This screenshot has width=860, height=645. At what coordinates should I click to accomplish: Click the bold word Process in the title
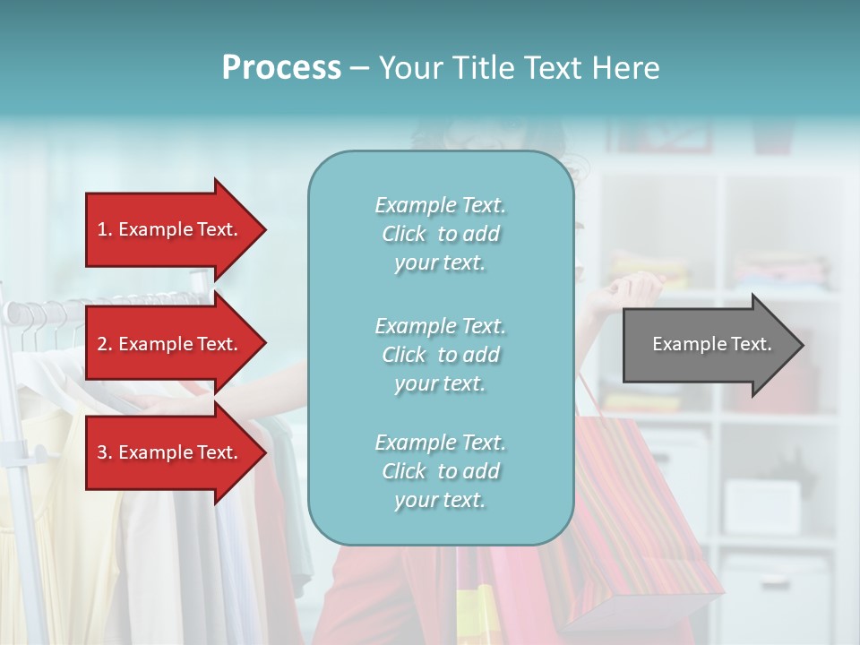point(281,68)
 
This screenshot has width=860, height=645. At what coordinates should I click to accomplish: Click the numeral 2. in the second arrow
point(105,344)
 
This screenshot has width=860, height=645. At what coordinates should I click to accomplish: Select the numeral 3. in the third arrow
point(105,452)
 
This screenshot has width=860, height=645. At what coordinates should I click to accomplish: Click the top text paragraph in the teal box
point(440,234)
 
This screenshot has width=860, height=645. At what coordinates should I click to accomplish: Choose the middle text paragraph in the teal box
point(440,355)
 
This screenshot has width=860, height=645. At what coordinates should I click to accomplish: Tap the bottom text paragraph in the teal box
point(440,471)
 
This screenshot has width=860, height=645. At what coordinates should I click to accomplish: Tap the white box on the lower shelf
point(761,506)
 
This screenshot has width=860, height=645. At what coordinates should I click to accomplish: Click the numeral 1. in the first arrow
point(105,229)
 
